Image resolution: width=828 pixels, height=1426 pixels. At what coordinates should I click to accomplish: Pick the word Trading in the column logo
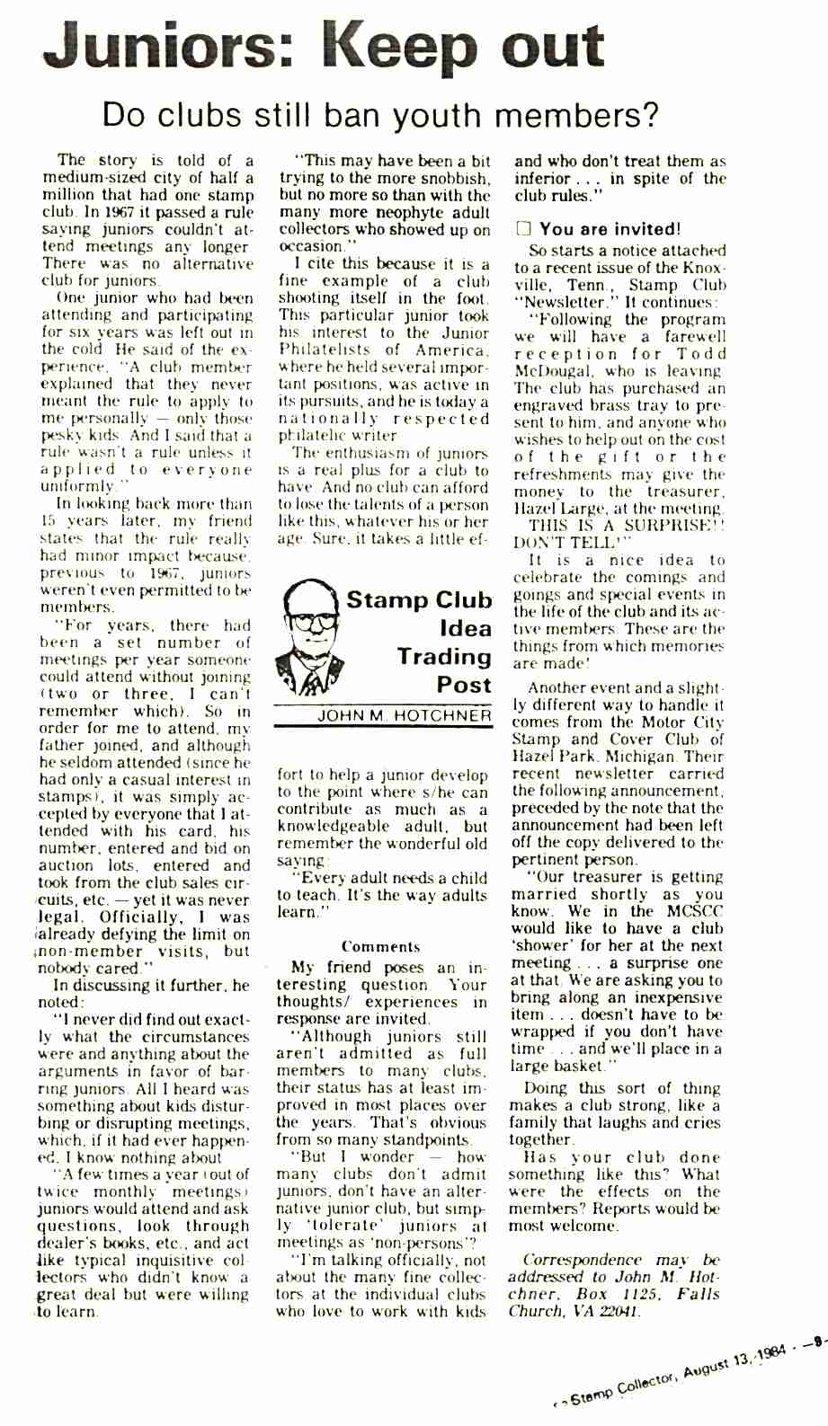[x=445, y=657]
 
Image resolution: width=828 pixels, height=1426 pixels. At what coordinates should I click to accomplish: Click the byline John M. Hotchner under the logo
[x=405, y=716]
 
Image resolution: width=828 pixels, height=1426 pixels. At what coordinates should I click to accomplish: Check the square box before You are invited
[x=523, y=229]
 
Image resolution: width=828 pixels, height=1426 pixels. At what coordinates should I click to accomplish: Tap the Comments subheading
[x=380, y=946]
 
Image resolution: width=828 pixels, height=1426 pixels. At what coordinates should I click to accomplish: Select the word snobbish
[x=451, y=178]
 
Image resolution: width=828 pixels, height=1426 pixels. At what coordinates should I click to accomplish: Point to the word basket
[x=575, y=1066]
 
